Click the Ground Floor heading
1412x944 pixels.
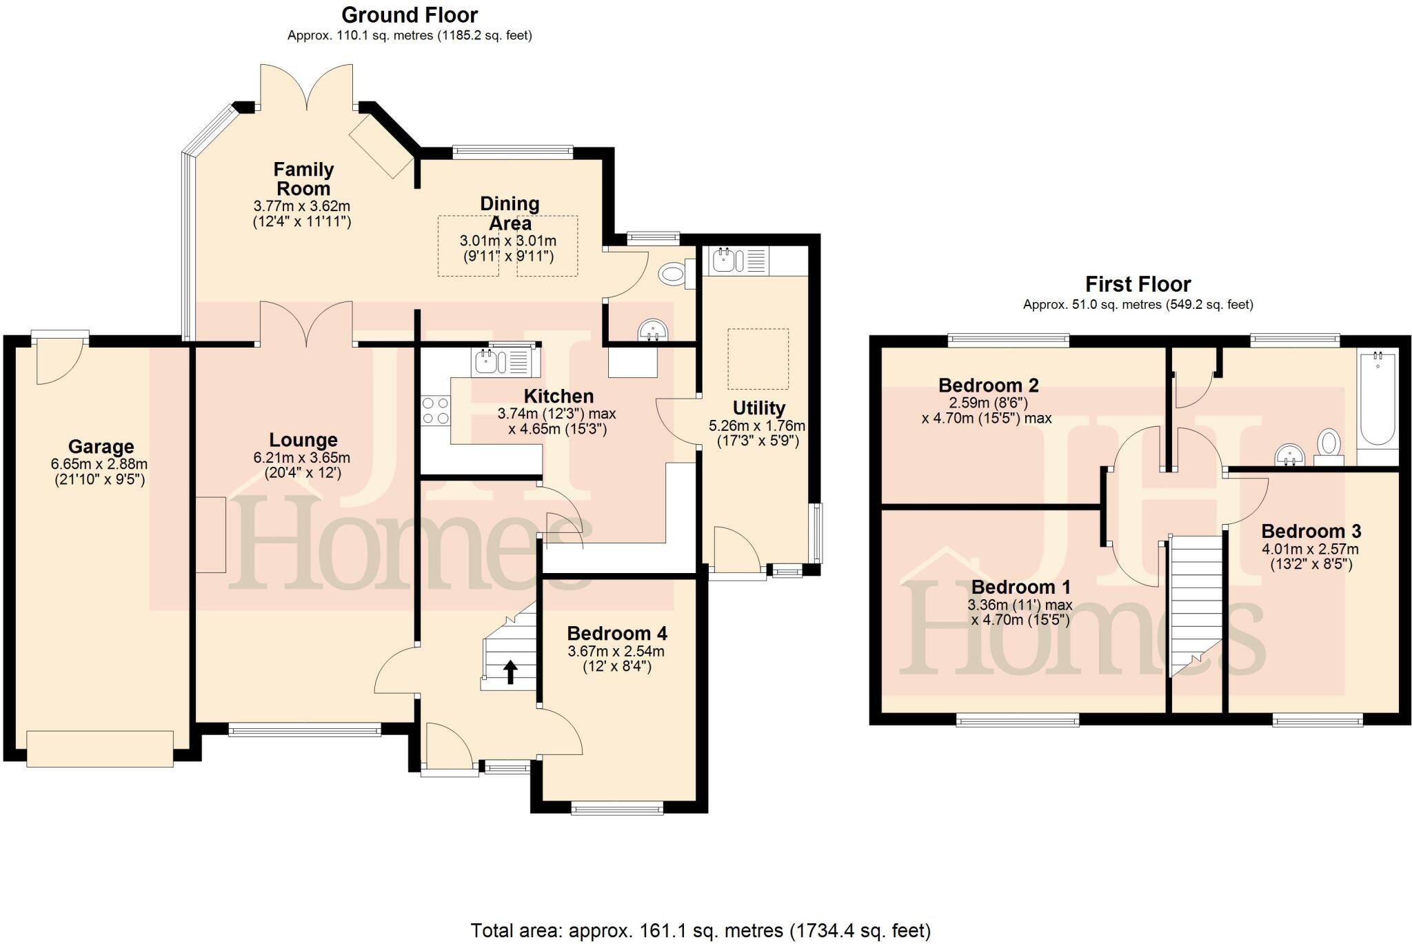[410, 14]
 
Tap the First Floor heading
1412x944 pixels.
[1138, 284]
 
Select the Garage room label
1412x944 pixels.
[101, 447]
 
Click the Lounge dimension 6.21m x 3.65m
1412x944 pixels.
[303, 458]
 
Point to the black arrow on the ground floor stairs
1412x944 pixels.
[510, 672]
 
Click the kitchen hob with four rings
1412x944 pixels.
[436, 410]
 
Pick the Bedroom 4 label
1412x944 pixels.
[617, 633]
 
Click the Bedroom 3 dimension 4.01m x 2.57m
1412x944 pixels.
[1310, 550]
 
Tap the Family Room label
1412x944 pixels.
[303, 179]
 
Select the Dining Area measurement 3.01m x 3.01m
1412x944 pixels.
[508, 241]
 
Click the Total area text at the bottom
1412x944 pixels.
[700, 930]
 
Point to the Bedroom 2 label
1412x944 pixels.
[988, 385]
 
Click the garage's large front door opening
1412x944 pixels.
[100, 748]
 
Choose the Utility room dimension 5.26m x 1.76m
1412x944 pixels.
[757, 426]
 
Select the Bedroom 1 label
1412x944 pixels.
[1020, 588]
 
